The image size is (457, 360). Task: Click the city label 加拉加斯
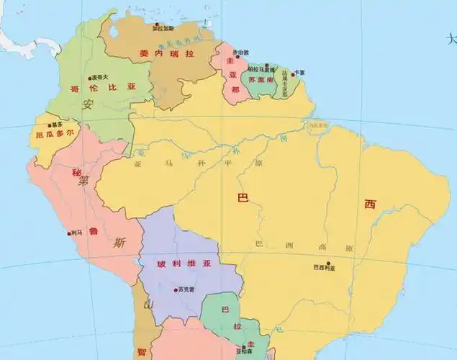[163, 28]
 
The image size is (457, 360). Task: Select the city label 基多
[58, 124]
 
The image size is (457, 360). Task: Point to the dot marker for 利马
[68, 233]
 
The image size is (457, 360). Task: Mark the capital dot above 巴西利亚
[328, 262]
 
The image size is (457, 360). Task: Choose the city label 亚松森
[245, 351]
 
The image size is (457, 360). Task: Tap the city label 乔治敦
[240, 52]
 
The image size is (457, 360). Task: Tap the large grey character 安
[89, 104]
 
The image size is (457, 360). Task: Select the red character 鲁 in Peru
[92, 211]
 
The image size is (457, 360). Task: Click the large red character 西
[370, 204]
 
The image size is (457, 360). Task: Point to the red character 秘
[76, 173]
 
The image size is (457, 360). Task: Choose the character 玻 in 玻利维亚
[161, 264]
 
